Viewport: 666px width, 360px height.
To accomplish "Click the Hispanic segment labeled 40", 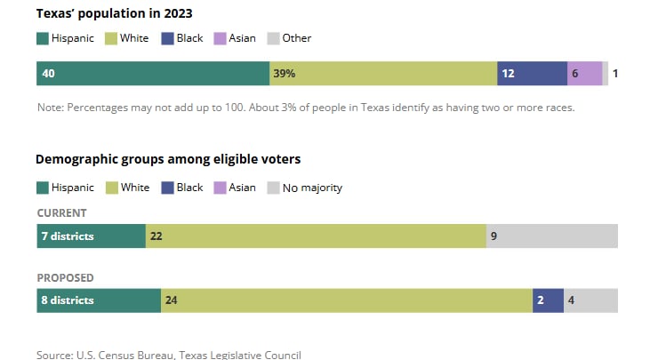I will [x=152, y=74].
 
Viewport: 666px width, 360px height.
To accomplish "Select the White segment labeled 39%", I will [x=382, y=74].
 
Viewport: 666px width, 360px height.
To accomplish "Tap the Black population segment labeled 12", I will [x=532, y=74].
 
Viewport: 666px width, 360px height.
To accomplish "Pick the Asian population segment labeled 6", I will [x=584, y=74].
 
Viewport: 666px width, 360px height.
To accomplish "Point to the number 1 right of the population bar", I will [x=614, y=74].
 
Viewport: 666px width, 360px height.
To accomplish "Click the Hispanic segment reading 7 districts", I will [x=91, y=236].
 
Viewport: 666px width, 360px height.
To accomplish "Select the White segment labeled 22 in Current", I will [x=316, y=236].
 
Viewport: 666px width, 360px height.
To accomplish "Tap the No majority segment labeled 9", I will [x=551, y=236].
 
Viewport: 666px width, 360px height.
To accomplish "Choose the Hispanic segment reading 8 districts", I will [x=98, y=300].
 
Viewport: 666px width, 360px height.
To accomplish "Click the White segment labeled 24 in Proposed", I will [x=347, y=300].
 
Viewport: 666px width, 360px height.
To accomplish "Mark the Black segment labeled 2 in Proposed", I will [x=548, y=300].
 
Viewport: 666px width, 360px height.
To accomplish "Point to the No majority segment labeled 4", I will [x=590, y=300].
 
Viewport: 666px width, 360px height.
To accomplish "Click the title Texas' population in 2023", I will [x=115, y=14].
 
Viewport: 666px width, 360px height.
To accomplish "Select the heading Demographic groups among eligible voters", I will [x=168, y=159].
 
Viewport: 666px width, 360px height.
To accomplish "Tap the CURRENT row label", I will [x=61, y=213].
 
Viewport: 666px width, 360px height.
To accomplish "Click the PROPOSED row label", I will [x=65, y=278].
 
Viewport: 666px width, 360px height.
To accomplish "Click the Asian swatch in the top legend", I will [x=220, y=38].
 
